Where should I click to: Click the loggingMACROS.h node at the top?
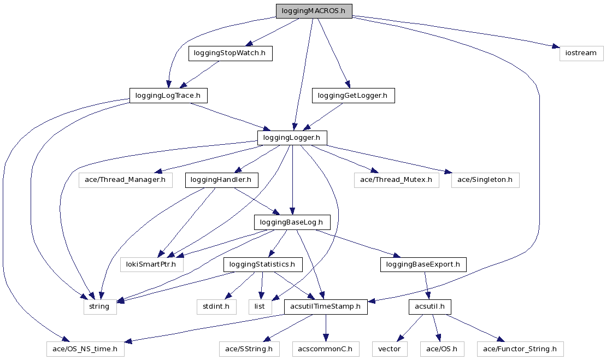[x=314, y=11]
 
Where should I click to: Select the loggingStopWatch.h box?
[x=230, y=53]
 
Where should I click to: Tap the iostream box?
[x=581, y=53]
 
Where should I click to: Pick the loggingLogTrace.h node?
[x=168, y=96]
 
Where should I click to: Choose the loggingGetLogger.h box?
[x=352, y=96]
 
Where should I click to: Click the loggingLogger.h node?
[x=292, y=138]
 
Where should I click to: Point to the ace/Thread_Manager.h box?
[x=125, y=180]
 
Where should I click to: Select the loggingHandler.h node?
[x=222, y=180]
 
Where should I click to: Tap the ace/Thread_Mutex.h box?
[x=396, y=180]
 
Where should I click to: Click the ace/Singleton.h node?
[x=485, y=180]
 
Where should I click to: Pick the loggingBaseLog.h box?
[x=292, y=222]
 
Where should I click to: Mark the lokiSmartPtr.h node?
[x=152, y=264]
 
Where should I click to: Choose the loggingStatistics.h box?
[x=262, y=264]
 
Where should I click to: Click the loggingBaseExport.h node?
[x=423, y=264]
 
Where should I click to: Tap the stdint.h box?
[x=216, y=306]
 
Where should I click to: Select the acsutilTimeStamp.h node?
[x=326, y=306]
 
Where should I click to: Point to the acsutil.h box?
[x=430, y=306]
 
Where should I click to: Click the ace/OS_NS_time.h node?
[x=85, y=349]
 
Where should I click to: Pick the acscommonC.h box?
[x=326, y=349]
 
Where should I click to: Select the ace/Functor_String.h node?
[x=520, y=349]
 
